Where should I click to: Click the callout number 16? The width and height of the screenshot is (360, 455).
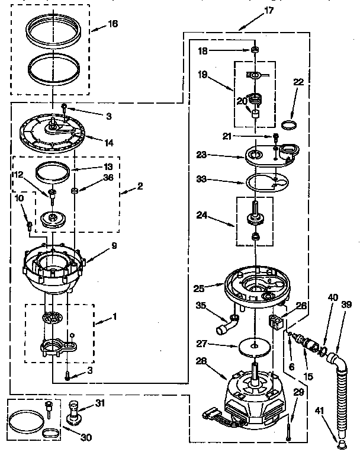tap(112, 24)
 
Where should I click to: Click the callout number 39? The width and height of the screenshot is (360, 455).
tap(346, 305)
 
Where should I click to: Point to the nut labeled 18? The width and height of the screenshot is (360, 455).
tap(253, 50)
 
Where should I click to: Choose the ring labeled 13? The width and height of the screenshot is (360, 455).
tap(51, 172)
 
